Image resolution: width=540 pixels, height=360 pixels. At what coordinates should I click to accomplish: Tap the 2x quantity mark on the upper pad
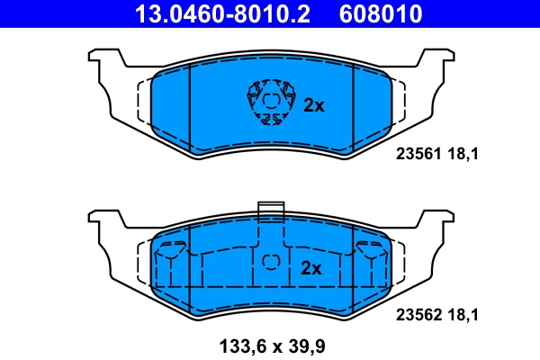[x=313, y=105]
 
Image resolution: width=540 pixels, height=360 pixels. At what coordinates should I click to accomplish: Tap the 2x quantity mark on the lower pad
[x=311, y=268]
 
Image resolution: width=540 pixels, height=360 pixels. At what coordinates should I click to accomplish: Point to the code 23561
[x=417, y=154]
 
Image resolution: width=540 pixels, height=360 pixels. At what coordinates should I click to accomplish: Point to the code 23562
[x=417, y=315]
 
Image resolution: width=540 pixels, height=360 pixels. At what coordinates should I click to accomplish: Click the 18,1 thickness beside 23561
[x=462, y=154]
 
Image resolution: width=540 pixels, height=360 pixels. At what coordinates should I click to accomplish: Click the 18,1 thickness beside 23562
[x=462, y=315]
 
